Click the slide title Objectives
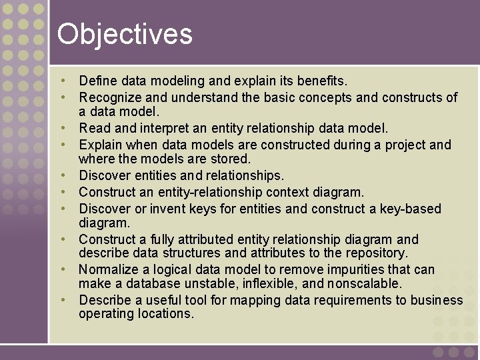125,34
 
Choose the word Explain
100,145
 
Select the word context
285,192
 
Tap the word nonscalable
365,283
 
